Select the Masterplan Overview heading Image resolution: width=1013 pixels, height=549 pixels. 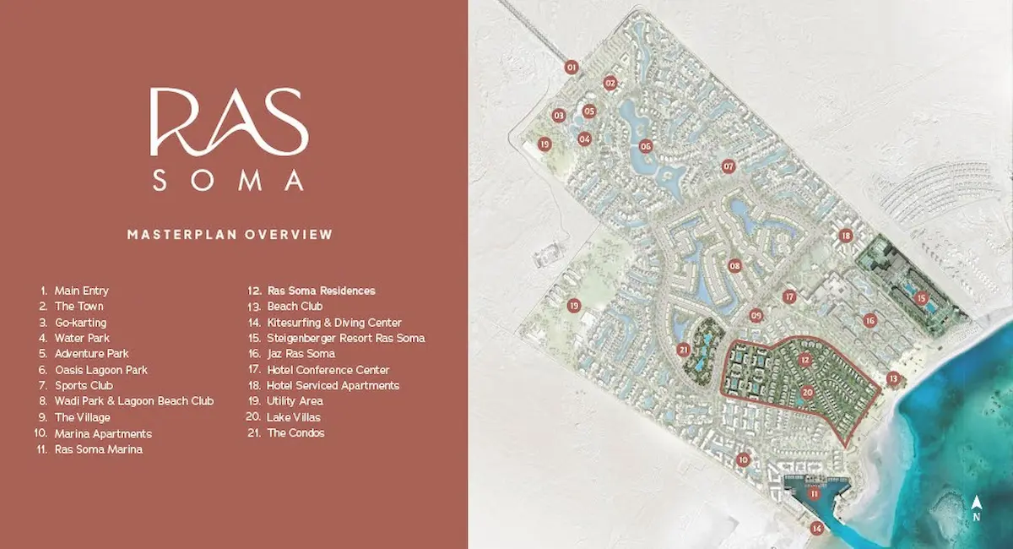[230, 234]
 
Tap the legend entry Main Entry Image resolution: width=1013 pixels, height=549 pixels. [81, 291]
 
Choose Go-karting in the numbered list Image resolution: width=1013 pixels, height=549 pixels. [80, 323]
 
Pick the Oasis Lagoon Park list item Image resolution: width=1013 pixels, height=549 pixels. [100, 370]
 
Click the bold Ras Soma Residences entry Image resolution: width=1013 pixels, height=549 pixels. [321, 291]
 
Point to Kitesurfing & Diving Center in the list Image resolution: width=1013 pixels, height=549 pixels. [333, 323]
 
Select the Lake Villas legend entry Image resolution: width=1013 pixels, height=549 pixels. [293, 417]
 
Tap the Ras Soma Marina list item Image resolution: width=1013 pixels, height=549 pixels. [98, 449]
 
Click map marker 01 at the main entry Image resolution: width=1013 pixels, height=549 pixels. [572, 67]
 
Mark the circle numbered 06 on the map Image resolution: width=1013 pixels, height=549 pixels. [646, 145]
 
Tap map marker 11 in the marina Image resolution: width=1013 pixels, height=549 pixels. [814, 495]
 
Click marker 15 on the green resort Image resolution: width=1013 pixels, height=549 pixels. [921, 297]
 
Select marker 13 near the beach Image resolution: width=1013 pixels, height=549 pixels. [892, 378]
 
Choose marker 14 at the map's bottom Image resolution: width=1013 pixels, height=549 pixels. [816, 529]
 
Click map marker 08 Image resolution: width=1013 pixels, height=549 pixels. [734, 266]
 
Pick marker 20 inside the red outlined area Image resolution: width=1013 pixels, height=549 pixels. [808, 392]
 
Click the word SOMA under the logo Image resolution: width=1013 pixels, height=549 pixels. [228, 180]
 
